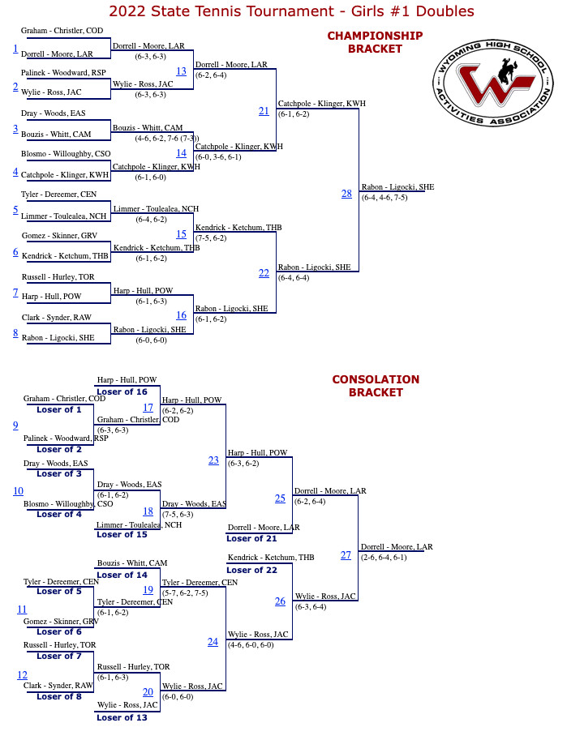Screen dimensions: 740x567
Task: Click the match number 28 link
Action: click(346, 194)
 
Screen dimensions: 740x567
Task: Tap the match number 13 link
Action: click(181, 71)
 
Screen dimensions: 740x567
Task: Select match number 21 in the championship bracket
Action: click(264, 111)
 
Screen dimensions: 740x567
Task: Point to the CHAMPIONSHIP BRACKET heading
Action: click(375, 42)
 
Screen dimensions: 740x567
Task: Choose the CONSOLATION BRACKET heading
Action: click(376, 386)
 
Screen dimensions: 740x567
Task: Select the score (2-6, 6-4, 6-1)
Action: click(384, 557)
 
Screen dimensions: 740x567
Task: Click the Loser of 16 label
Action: click(122, 391)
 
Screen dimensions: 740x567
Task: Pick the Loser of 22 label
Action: click(251, 570)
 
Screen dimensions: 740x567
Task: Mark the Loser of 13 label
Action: click(122, 717)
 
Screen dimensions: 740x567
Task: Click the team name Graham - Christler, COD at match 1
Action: click(62, 31)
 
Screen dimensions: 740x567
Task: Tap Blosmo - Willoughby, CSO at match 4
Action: click(66, 154)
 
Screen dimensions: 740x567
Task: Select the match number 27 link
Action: click(346, 555)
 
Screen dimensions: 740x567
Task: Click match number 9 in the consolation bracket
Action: click(15, 426)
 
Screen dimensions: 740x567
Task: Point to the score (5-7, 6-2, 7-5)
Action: click(185, 592)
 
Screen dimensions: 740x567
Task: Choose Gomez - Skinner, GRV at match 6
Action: click(59, 236)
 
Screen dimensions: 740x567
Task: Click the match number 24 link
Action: click(213, 642)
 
